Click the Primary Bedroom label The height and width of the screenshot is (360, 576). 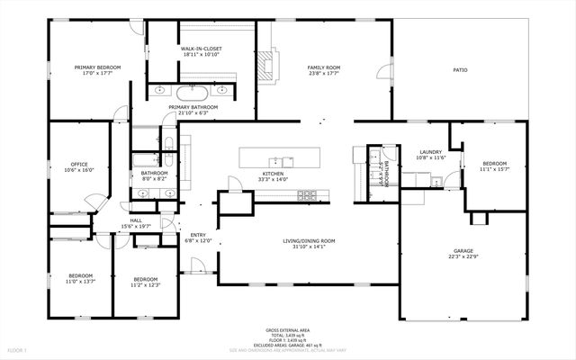click(97, 67)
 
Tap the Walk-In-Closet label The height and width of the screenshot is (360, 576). click(202, 49)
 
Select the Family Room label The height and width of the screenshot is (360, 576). click(323, 67)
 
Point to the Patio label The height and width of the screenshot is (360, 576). click(459, 69)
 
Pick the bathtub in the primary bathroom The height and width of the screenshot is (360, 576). click(193, 92)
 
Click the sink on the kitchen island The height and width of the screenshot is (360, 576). click(292, 157)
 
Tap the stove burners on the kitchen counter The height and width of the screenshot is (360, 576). click(307, 193)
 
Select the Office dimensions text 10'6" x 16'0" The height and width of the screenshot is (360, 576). click(78, 170)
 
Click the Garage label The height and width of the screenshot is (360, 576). click(463, 251)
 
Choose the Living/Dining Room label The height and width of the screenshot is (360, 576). click(309, 240)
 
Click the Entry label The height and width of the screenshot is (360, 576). click(198, 235)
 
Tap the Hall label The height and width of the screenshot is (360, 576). click(136, 220)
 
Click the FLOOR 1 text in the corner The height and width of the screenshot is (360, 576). click(18, 349)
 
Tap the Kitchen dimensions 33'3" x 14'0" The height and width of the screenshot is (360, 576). click(273, 180)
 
